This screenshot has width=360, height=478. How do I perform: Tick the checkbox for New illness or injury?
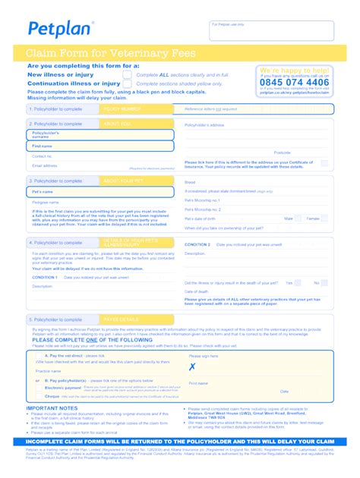[127, 75]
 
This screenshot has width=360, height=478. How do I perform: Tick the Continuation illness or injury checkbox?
[127, 84]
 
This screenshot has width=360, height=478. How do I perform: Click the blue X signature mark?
[192, 367]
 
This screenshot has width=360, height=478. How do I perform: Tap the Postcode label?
[282, 153]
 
